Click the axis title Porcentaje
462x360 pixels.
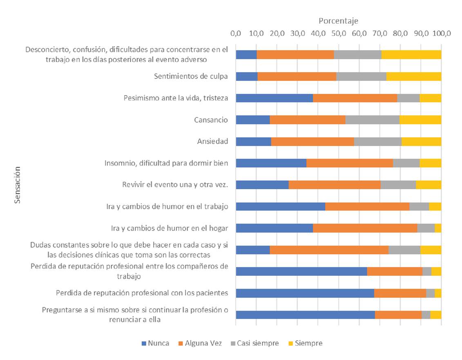pos(338,20)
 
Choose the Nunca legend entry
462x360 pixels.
pos(155,343)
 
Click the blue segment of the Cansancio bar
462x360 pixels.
pos(252,120)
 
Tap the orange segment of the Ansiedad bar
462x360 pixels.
pos(312,141)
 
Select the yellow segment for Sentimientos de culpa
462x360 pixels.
pos(413,76)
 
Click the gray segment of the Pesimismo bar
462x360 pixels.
pos(408,98)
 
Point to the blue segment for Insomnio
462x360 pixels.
pos(271,163)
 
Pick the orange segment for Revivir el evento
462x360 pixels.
pos(334,185)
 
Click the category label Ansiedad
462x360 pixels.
pos(212,141)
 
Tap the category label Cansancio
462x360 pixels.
pos(211,120)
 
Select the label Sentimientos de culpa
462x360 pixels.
pos(191,76)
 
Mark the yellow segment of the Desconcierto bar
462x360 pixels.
pos(411,54)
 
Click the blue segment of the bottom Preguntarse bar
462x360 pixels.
pos(305,315)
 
